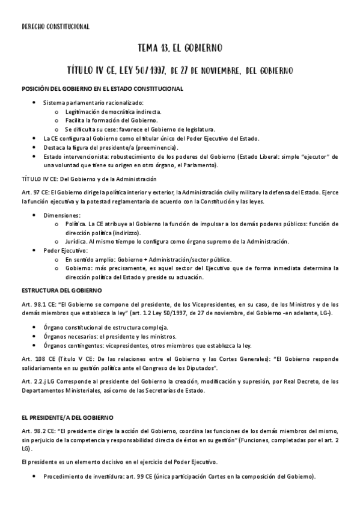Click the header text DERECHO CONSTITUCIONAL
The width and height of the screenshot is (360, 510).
point(55,26)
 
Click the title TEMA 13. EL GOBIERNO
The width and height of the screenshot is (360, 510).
point(180,48)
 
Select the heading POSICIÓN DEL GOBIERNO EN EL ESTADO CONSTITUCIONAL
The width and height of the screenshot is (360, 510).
point(103,89)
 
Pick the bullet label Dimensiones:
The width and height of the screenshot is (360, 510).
point(61,214)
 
